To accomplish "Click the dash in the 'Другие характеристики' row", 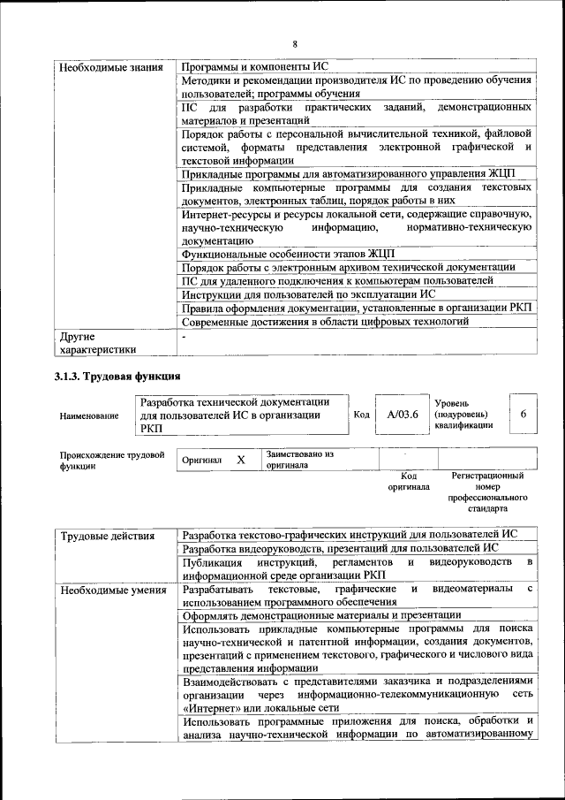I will pyautogui.click(x=184, y=337).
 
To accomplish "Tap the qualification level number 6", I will pyautogui.click(x=524, y=414).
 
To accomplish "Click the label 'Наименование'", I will pyautogui.click(x=89, y=415).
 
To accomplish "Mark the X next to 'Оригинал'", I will pyautogui.click(x=240, y=461).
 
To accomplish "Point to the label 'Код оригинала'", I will pyautogui.click(x=409, y=481).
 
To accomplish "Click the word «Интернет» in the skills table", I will pyautogui.click(x=207, y=708).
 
